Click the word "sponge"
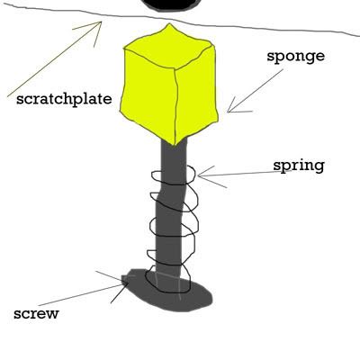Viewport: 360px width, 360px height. coord(296,57)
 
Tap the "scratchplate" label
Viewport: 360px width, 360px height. coord(64,98)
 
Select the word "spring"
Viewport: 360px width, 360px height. coord(299,166)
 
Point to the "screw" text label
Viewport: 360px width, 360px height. coord(36,314)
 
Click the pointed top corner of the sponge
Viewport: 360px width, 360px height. coord(169,23)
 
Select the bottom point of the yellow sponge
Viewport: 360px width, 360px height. coord(173,145)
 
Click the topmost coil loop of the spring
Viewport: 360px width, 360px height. coord(174,177)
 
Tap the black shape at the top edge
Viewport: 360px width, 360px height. coord(170,4)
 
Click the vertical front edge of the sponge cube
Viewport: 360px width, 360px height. coord(176,106)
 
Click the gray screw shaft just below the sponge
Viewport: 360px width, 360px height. coord(174,156)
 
